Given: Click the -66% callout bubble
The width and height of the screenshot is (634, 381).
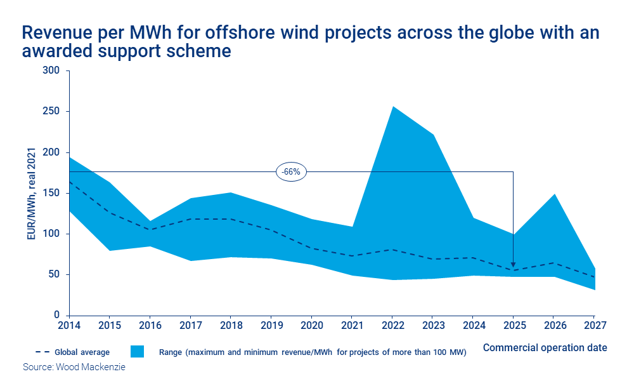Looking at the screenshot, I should point(291,171).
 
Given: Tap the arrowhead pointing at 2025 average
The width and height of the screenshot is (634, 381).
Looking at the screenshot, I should point(513,265).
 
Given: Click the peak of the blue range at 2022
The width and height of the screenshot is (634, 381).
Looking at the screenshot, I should point(392,107).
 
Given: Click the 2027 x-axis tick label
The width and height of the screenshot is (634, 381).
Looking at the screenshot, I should point(594,326).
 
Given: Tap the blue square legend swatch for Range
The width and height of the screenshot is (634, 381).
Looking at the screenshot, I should point(138,352).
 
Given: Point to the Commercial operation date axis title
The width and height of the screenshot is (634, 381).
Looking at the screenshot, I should point(545,347).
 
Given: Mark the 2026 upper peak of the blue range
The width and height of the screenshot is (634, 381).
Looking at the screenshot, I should point(553,194).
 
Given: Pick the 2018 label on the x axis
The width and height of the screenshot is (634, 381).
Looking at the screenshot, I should point(230,326).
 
